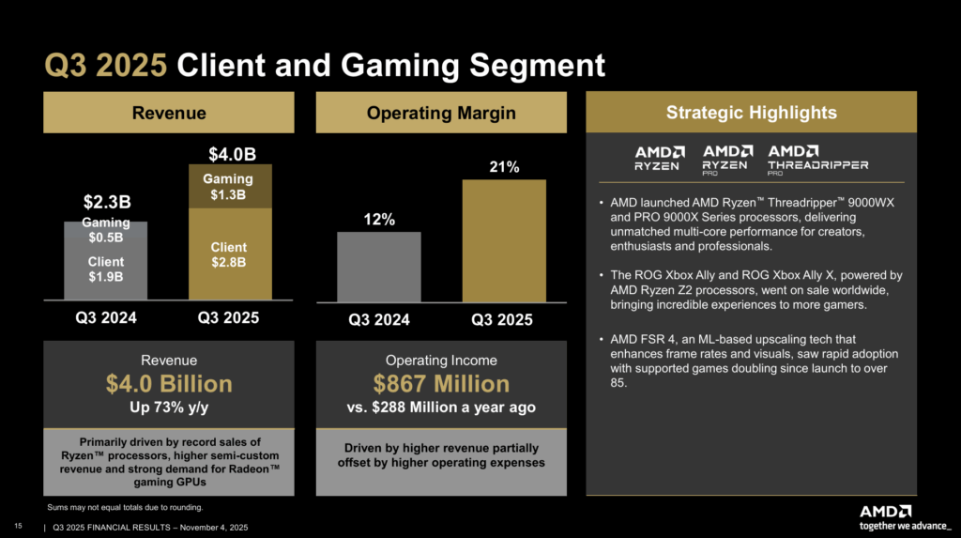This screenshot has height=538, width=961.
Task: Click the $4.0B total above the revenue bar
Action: click(x=230, y=153)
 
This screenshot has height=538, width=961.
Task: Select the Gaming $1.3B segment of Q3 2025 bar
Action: click(x=230, y=186)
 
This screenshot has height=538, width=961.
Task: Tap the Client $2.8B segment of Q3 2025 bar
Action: click(x=230, y=254)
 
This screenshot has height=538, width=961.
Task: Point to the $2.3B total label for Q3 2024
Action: click(x=105, y=202)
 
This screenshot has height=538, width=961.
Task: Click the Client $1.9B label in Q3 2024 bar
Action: click(x=105, y=269)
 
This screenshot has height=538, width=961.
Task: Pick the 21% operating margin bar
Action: click(x=504, y=239)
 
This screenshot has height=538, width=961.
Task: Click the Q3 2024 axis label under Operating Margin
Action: click(x=379, y=320)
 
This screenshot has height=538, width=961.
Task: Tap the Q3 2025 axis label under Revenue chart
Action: click(x=229, y=317)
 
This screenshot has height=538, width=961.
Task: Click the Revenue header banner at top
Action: click(x=169, y=113)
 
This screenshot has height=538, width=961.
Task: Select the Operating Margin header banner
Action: click(x=441, y=113)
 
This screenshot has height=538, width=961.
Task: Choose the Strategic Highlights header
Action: click(x=751, y=113)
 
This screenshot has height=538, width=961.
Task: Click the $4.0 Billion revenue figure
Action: click(x=169, y=384)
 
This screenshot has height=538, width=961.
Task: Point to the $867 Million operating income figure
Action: click(x=441, y=384)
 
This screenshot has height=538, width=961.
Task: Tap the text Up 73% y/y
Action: click(x=169, y=409)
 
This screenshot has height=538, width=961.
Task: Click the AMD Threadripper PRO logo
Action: click(x=817, y=160)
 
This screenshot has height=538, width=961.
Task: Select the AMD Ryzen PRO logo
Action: click(x=727, y=160)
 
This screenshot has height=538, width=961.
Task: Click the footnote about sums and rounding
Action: click(x=125, y=507)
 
